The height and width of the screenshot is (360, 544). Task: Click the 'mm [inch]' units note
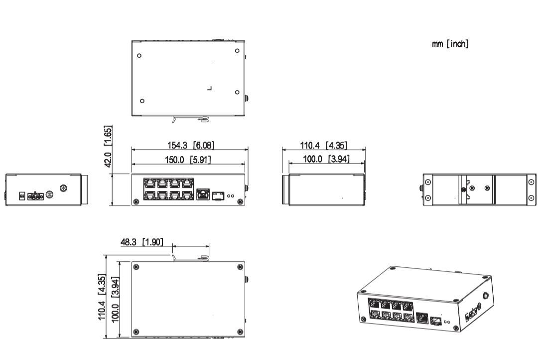(x=450, y=44)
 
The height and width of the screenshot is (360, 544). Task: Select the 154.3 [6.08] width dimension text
(x=191, y=145)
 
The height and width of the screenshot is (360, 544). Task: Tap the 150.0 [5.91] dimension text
(x=188, y=160)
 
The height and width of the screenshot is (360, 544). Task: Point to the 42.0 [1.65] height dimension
(x=108, y=146)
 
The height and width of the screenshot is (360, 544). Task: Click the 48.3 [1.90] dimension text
(x=141, y=242)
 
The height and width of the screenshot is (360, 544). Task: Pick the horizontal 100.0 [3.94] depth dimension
(x=326, y=159)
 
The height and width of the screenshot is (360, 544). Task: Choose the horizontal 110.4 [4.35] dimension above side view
(x=323, y=145)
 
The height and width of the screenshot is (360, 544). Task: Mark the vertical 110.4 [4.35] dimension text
(x=102, y=297)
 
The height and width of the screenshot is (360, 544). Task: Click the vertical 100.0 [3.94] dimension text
(x=115, y=300)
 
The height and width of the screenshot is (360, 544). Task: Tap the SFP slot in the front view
(x=218, y=195)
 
